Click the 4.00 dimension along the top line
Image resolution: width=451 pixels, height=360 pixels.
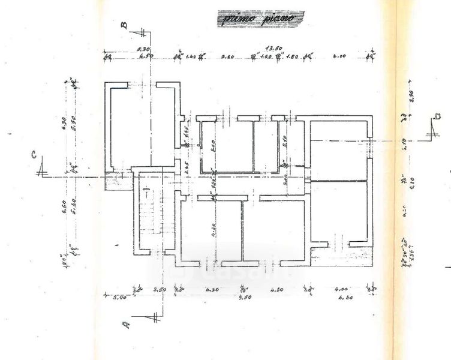339,58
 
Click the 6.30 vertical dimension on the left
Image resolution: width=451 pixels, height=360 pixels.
64,123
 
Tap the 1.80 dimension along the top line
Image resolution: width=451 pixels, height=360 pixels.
292,58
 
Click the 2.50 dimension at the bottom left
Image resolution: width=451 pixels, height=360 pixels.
159,289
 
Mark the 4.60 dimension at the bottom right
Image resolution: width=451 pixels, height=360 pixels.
344,296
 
